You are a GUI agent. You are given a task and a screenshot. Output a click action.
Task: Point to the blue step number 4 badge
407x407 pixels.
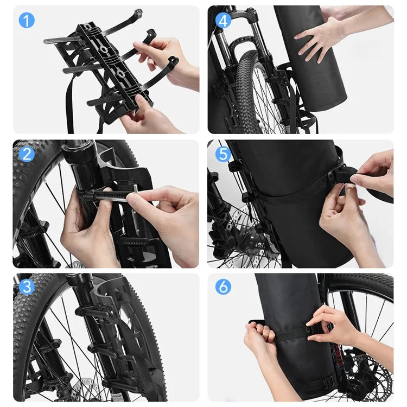click(x=222, y=21)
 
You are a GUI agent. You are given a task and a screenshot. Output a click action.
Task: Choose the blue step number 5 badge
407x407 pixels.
click(x=222, y=154)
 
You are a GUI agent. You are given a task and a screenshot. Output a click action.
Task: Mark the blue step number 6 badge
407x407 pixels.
click(x=222, y=287)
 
